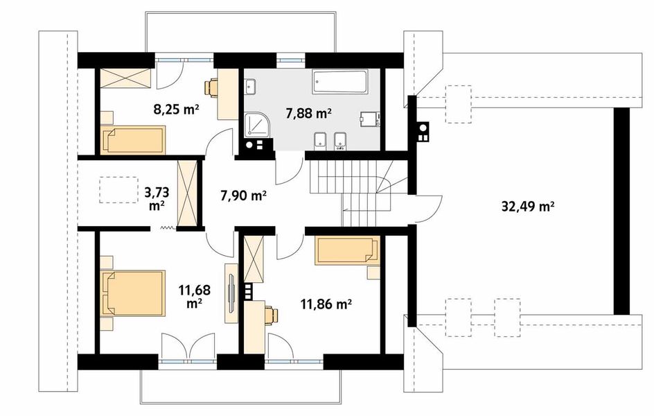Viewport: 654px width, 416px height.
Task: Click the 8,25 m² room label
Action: [175, 110]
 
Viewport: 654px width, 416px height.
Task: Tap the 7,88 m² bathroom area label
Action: [309, 112]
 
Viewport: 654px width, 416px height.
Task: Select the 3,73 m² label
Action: [157, 198]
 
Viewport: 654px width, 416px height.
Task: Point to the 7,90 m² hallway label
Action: [243, 195]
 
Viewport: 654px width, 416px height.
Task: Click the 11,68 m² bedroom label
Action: [195, 296]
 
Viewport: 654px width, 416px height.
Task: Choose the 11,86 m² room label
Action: [326, 304]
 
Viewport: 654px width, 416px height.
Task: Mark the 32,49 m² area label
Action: [527, 206]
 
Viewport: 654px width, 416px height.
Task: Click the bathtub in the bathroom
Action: [340, 83]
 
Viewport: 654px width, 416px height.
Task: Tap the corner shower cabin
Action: [258, 124]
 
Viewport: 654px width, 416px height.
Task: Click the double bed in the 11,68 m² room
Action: [133, 293]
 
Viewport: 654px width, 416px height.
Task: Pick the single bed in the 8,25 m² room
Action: [132, 141]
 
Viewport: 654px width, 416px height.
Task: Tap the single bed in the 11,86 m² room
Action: [347, 250]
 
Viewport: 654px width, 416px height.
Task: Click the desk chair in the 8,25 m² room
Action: [211, 87]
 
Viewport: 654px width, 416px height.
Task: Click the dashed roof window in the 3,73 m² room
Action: [119, 190]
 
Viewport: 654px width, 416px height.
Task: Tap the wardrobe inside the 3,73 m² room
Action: [187, 193]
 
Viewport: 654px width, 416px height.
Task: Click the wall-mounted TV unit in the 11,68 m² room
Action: [231, 293]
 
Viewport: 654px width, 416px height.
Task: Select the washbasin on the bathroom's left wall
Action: [251, 87]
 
